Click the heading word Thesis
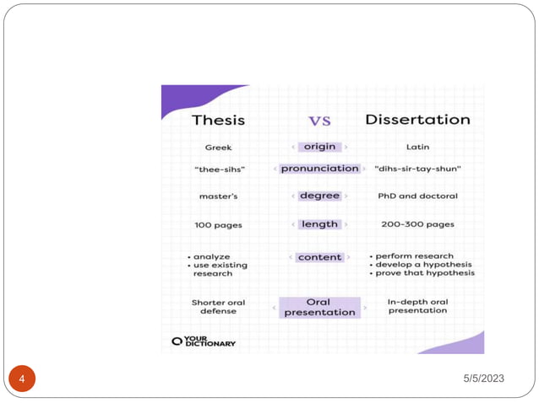pos(218,120)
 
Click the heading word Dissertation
pos(417,120)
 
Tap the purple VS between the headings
pos(319,121)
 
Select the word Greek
pos(218,148)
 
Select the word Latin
pos(417,148)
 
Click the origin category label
pos(319,147)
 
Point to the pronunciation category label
pos(319,169)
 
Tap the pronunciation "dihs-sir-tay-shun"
pos(417,169)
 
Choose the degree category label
pos(319,196)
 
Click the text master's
pos(218,196)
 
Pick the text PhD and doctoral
pos(417,196)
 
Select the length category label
pos(319,224)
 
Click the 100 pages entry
pos(218,225)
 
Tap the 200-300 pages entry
pos(417,225)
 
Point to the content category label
pos(319,257)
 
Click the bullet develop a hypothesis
pos(422,265)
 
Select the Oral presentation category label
pos(319,307)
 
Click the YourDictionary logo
pos(204,341)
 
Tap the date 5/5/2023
pos(483,379)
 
